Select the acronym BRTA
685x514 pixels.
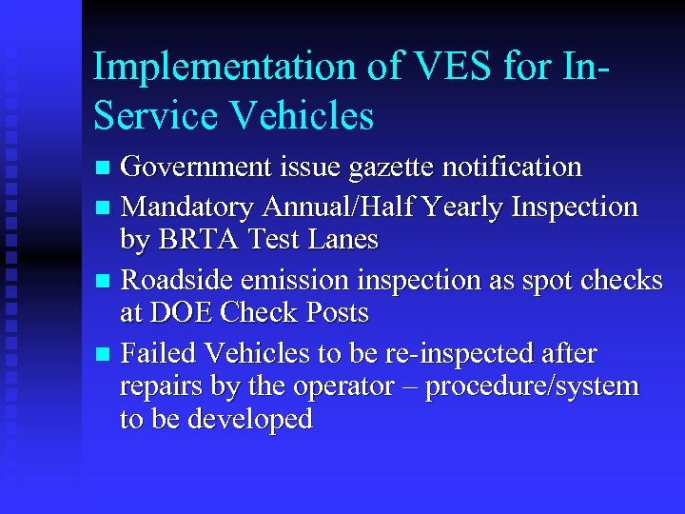click(x=205, y=240)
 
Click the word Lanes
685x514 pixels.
click(x=344, y=240)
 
